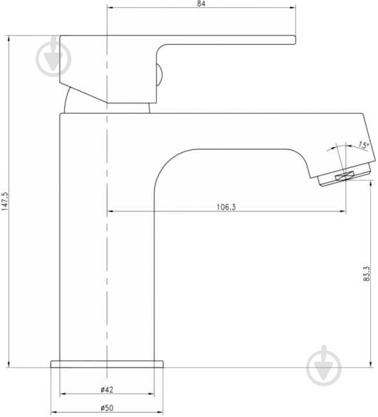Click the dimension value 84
201,4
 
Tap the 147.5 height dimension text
5,201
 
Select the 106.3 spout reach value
226,207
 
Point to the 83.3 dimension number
367,273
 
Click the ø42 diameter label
107,390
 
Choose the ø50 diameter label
107,408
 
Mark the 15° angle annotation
364,145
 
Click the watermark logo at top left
53,56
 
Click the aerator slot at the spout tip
344,176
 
